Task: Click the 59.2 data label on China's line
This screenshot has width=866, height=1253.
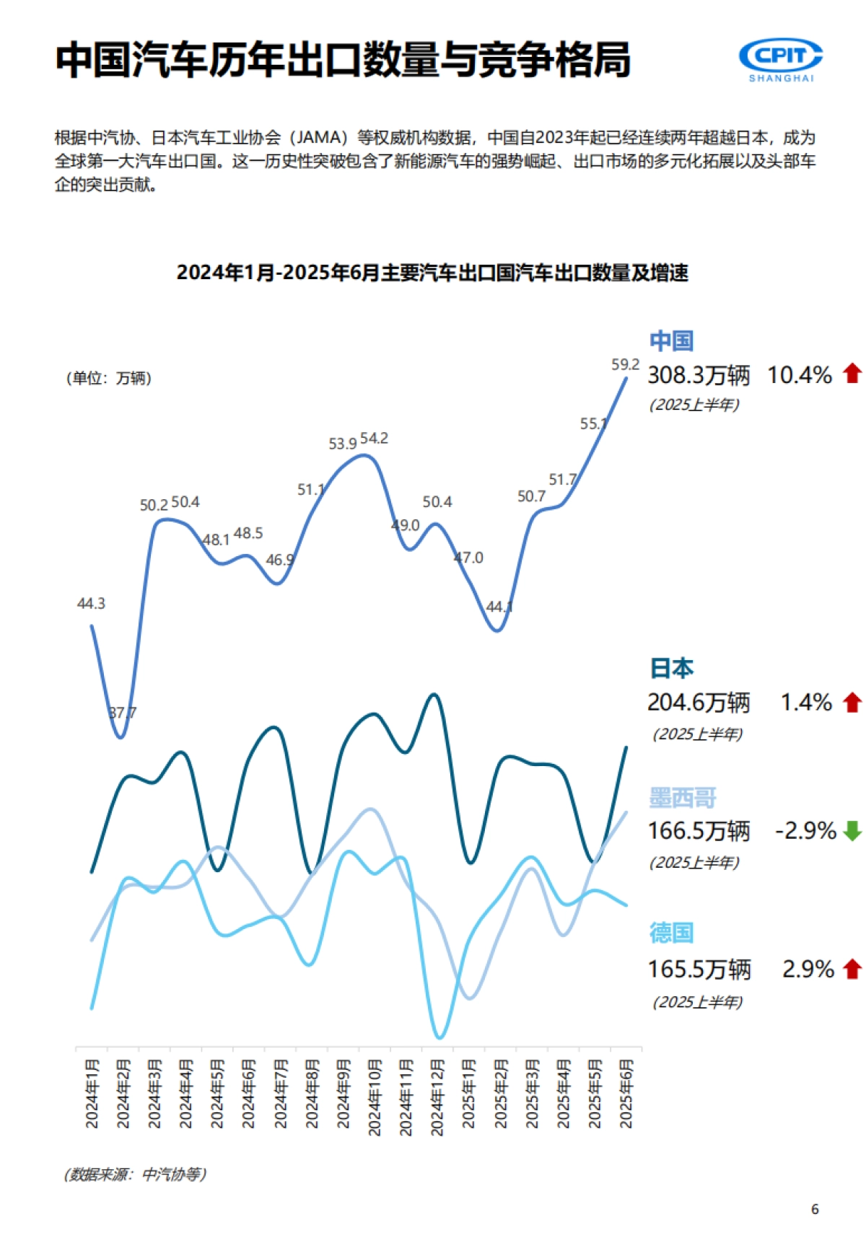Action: coord(625,365)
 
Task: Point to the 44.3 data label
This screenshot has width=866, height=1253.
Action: coord(91,603)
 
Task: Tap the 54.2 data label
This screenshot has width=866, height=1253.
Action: coord(374,439)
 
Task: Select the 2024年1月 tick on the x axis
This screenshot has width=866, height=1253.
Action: coord(92,1093)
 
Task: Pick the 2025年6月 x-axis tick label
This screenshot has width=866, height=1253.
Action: coord(626,1093)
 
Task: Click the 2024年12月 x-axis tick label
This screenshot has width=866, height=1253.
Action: coord(437,1096)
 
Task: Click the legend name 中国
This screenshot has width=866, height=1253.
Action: coord(671,340)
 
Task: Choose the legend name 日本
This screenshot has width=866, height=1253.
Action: coord(671,668)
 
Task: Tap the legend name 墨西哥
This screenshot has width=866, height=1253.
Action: coord(682,798)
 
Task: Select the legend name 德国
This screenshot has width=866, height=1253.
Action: coord(671,933)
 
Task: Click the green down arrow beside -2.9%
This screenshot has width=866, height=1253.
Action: coord(852,831)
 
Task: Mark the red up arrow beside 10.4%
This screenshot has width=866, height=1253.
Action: coord(852,374)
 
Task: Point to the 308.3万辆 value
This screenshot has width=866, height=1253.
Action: coord(699,375)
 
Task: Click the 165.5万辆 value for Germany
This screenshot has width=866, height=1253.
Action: coord(699,970)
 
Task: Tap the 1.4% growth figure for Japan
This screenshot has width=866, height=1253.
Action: coord(806,703)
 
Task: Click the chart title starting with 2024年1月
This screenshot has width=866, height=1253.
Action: coord(432,273)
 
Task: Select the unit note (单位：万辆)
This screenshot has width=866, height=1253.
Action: coord(109,378)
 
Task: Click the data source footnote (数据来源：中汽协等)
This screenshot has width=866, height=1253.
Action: coord(135,1174)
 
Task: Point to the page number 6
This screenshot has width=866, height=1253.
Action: coord(815,1209)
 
